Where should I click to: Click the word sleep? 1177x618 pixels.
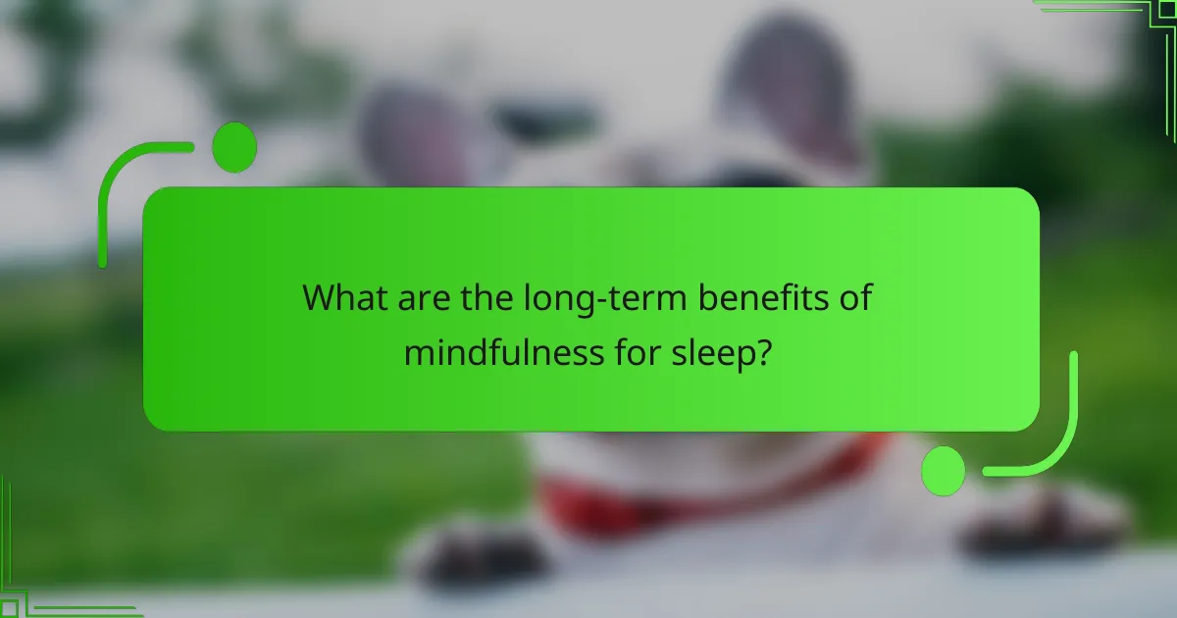tap(707, 354)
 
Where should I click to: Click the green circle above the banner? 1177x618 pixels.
tap(233, 148)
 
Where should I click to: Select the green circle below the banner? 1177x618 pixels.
tap(944, 470)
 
